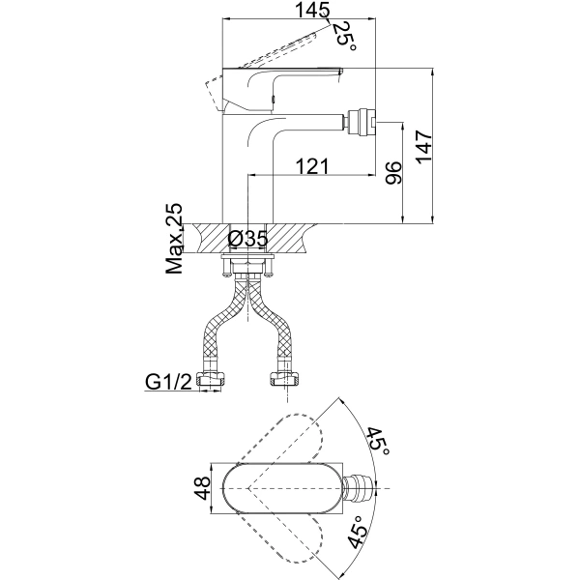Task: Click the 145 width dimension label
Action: tap(312, 10)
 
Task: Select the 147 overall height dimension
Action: tap(423, 146)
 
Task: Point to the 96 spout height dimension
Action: tap(392, 173)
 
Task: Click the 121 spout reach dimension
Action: tap(312, 166)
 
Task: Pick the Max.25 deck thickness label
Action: tap(174, 238)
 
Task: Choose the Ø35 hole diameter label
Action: tap(247, 239)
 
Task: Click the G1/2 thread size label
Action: tap(168, 382)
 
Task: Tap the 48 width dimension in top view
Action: tap(202, 488)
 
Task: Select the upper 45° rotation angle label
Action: tap(378, 442)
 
